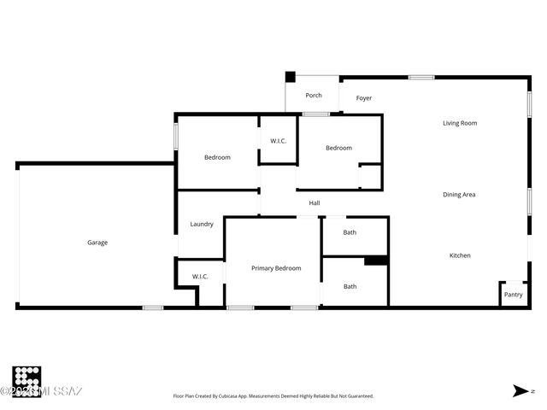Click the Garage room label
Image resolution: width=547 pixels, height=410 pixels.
tap(97, 243)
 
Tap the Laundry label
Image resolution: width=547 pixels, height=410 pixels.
tap(202, 225)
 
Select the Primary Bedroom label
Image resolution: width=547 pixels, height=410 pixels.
tap(276, 268)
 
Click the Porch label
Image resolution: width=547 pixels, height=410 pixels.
tap(314, 96)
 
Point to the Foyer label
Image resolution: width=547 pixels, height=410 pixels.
tap(364, 98)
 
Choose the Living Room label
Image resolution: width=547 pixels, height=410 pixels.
tap(460, 123)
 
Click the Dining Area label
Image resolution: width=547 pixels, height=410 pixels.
tap(459, 195)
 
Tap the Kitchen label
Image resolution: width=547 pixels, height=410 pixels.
tap(460, 255)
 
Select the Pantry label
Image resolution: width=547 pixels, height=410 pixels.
tap(513, 295)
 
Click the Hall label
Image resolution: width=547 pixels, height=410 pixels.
tap(315, 203)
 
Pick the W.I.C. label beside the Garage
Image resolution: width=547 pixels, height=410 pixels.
tap(200, 277)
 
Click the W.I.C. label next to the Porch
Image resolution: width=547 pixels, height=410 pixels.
tap(279, 141)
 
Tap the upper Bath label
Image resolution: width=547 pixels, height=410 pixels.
tap(350, 232)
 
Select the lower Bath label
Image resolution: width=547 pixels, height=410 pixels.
tap(350, 286)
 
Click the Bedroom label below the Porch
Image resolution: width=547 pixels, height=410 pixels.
tap(338, 148)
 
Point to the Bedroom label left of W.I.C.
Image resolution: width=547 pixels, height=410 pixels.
tap(217, 157)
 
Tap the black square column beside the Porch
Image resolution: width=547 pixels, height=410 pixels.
tap(290, 77)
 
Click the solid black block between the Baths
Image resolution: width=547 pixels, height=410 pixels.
tap(376, 261)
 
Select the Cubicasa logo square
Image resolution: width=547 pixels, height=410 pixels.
tap(26, 380)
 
